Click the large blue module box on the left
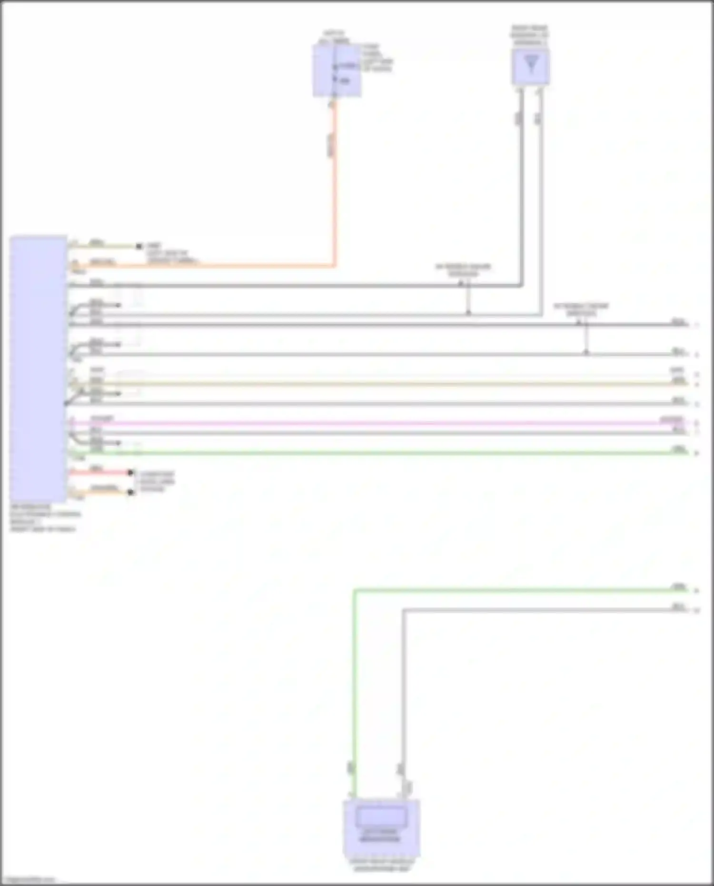coord(38,369)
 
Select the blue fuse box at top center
coord(336,71)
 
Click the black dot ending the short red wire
coord(131,472)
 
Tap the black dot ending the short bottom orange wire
coord(131,492)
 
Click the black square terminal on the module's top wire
coord(139,246)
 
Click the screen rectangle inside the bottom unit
coord(381,817)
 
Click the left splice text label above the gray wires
coord(463,270)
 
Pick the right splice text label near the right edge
coord(581,309)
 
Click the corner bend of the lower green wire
coord(355,591)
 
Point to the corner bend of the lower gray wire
coord(404,610)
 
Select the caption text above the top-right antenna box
coord(529,35)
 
